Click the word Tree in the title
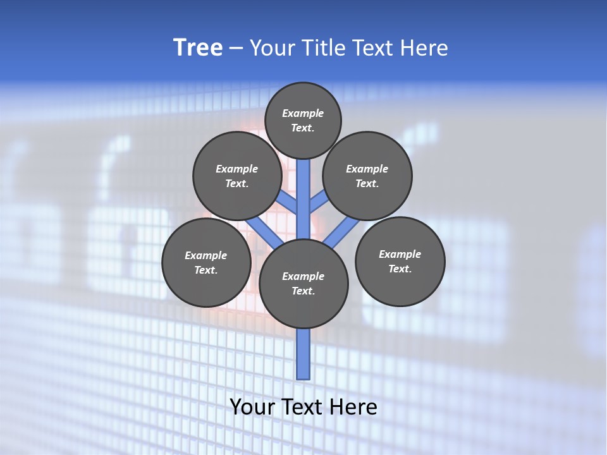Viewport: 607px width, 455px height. coord(198,47)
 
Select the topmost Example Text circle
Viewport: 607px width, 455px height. coord(303,120)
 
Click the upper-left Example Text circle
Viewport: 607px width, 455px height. coord(237,176)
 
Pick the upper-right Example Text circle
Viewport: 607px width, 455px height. coord(367,176)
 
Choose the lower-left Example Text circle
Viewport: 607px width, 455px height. coord(206,262)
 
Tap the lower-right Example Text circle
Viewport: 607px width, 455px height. coord(400,261)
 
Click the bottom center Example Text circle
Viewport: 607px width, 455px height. coord(303,283)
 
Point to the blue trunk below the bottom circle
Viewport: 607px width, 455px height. coord(303,354)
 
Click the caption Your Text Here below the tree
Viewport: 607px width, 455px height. coord(303,407)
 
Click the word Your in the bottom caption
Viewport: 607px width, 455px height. coord(252,407)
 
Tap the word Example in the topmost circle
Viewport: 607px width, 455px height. coord(303,113)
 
